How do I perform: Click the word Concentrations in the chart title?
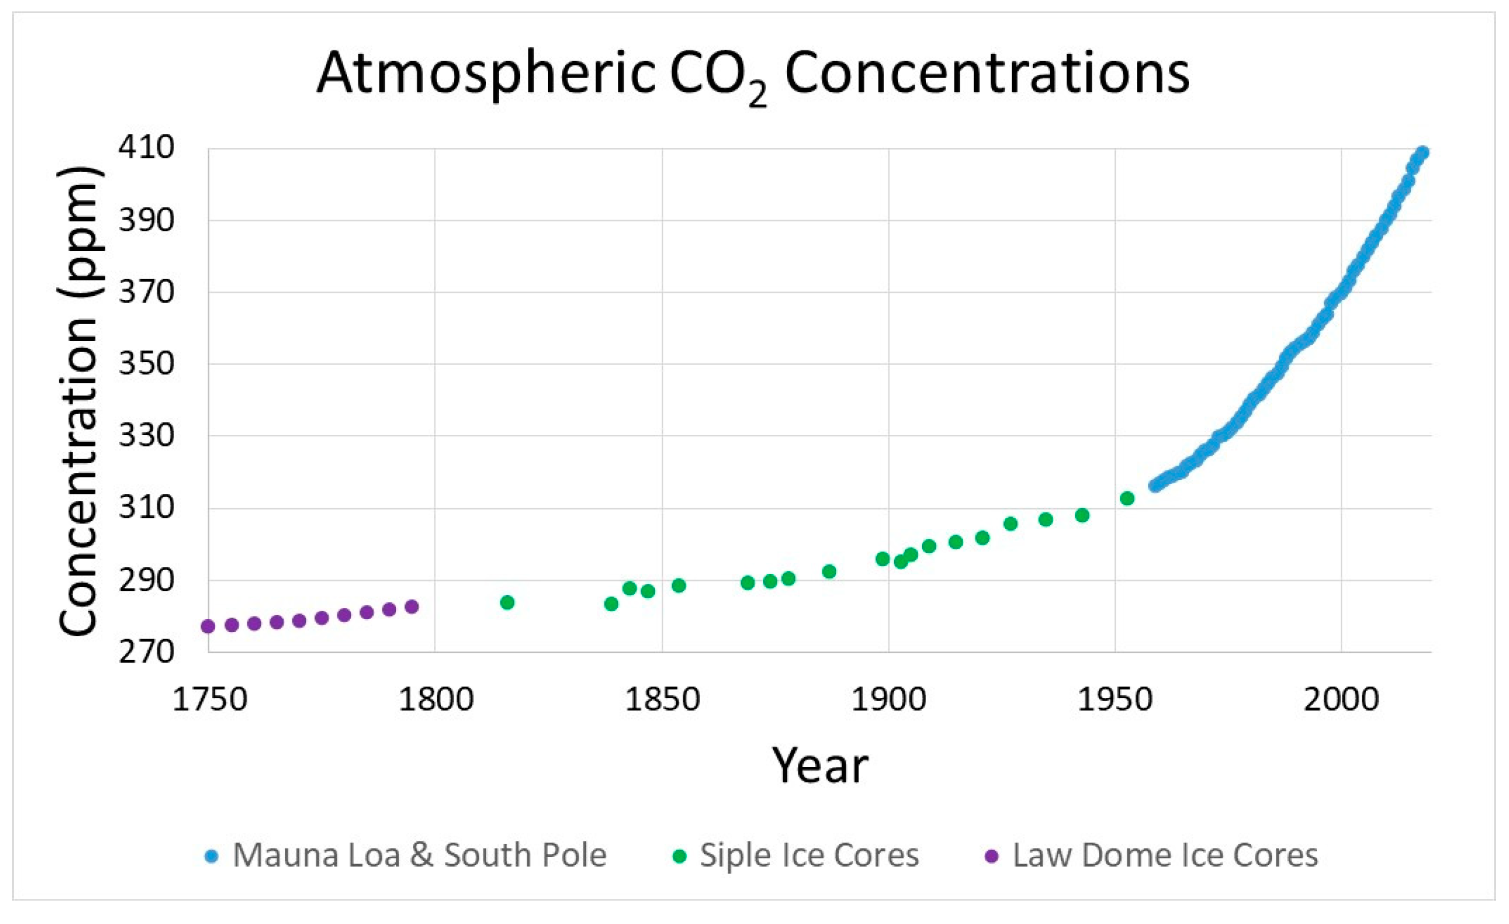[x=987, y=73]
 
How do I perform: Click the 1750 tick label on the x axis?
[x=209, y=700]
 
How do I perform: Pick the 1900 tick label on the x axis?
[x=888, y=700]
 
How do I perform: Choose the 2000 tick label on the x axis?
[x=1341, y=700]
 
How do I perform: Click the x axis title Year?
[x=819, y=766]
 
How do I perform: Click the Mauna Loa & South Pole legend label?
[x=420, y=856]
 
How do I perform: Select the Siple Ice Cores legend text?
[x=809, y=856]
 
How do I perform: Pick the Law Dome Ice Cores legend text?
[x=1165, y=856]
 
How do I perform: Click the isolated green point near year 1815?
[x=507, y=602]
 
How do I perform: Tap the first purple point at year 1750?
[x=208, y=626]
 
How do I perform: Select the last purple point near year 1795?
[x=412, y=607]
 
